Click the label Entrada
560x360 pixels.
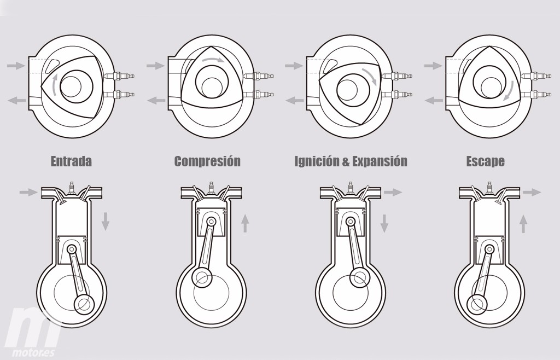tap(71, 161)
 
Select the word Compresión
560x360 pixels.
tap(207, 161)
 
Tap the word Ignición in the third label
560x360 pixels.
tap(317, 161)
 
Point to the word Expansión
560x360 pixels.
tap(380, 161)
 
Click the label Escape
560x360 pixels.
tap(485, 161)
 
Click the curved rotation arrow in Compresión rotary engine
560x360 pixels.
tap(213, 60)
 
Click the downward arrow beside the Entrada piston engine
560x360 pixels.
tap(106, 221)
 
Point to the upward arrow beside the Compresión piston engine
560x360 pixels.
tap(246, 223)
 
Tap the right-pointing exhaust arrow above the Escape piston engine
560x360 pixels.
tap(532, 192)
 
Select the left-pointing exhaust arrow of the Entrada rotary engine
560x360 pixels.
tap(16, 100)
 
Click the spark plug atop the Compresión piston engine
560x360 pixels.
tap(209, 187)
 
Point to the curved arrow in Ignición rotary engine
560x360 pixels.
tap(372, 75)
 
